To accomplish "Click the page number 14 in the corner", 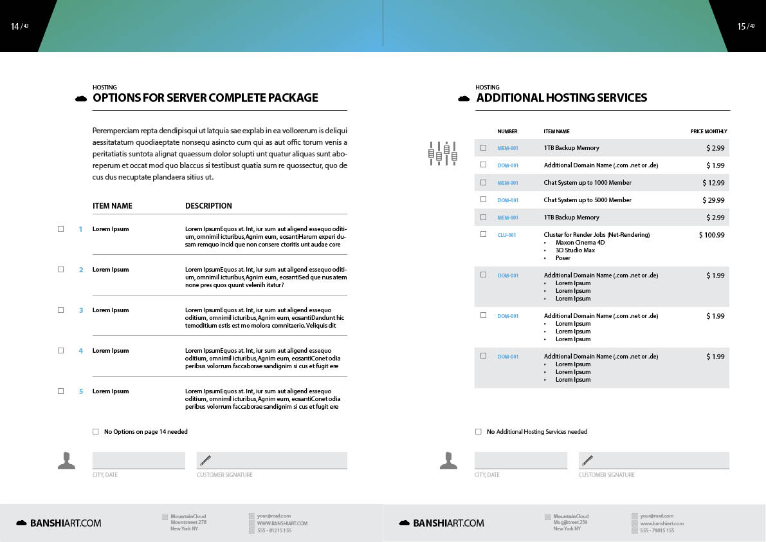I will [15, 26].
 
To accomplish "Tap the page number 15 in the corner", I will [742, 26].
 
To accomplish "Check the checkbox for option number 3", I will [61, 310].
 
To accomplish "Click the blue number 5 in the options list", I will [81, 391].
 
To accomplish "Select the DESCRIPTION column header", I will [208, 206].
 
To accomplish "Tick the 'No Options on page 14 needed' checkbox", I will [96, 431].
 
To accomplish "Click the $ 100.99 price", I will [711, 235].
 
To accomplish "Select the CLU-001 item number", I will [507, 235].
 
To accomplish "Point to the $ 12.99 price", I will [713, 183].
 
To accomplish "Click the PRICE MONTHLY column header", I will [709, 131].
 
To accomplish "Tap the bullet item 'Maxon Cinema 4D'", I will [579, 243].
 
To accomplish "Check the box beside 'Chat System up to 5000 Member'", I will [483, 200].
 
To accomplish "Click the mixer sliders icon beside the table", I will [442, 153].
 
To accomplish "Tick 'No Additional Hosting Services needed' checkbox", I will [479, 431].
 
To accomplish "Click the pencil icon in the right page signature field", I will [587, 460].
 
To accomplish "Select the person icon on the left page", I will [66, 460].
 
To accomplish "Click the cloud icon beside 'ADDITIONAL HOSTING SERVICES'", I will [463, 98].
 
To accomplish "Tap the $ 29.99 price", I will [713, 200].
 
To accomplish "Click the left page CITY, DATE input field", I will [138, 460].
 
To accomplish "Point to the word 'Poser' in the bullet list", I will [563, 258].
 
